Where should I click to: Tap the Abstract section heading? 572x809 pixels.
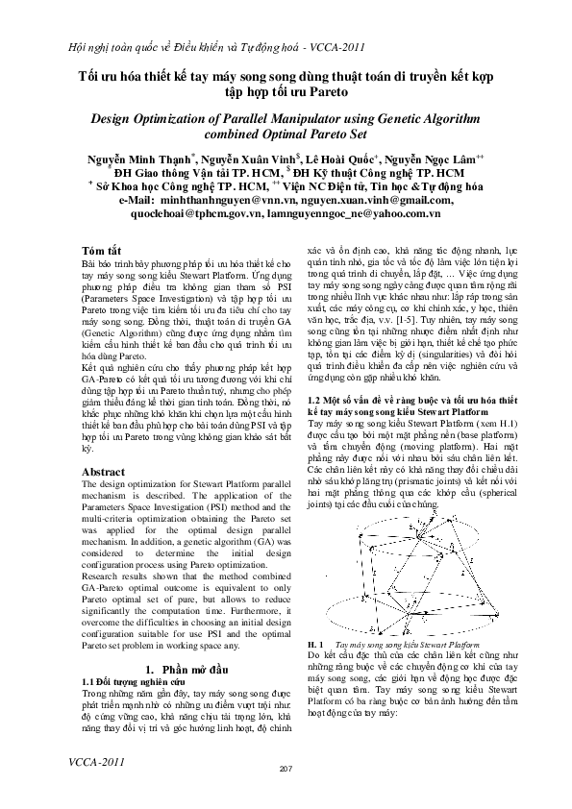tap(104, 473)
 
